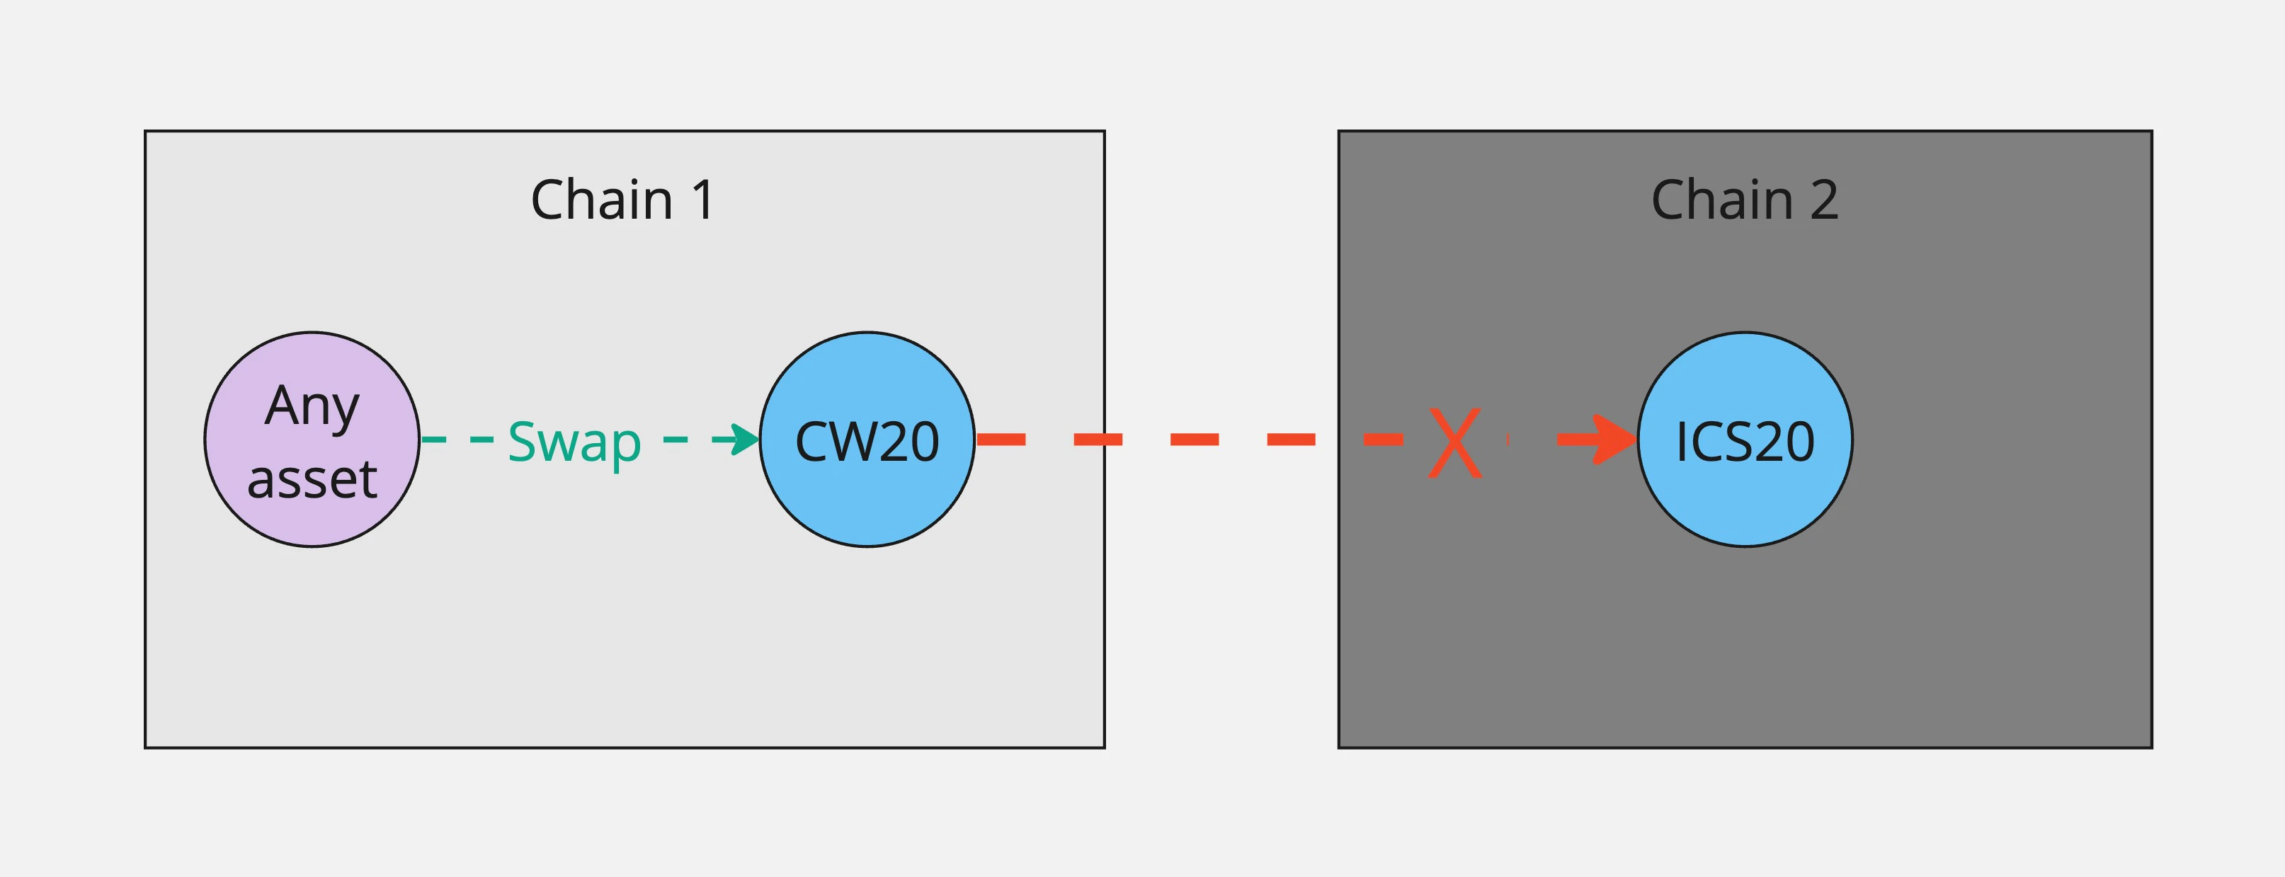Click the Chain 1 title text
622,200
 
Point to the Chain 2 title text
1744,200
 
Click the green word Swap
574,442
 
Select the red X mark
1454,442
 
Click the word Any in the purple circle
312,406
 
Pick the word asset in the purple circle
312,479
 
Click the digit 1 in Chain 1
702,200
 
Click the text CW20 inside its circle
867,442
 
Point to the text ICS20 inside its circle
1744,442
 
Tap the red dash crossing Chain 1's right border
1098,439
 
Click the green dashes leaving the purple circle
457,439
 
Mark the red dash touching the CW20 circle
1001,439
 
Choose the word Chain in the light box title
601,200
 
